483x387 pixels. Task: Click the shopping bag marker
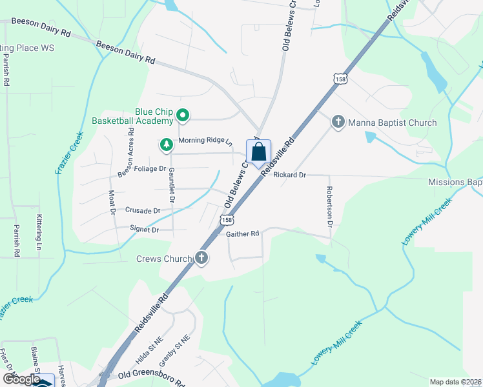258,154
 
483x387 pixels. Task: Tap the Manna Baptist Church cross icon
338,122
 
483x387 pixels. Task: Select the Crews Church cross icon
201,259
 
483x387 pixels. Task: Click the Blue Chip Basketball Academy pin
183,116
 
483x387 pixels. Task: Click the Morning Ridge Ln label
205,141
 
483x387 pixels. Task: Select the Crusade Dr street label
143,210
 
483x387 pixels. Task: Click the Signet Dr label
145,229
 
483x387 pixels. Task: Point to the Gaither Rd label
242,233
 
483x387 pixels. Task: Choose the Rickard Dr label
289,175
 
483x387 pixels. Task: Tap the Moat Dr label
112,201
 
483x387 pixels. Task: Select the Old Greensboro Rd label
152,375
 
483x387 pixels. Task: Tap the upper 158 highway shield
340,79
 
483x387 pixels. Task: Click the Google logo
22,379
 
